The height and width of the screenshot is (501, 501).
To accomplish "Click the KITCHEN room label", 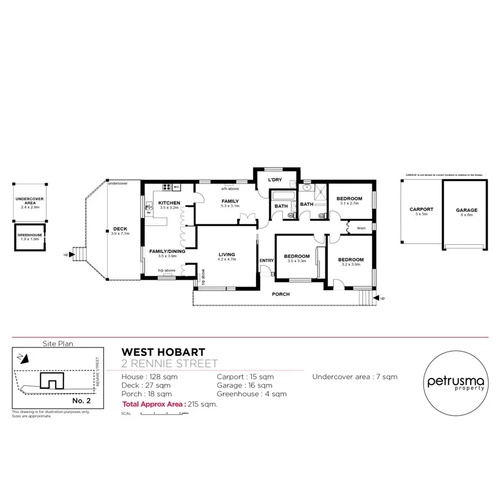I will pyautogui.click(x=168, y=202).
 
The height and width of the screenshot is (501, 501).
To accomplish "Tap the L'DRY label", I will pyautogui.click(x=276, y=180).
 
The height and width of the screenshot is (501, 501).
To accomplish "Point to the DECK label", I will pyautogui.click(x=120, y=229).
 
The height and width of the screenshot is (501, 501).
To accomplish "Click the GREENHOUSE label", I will pyautogui.click(x=30, y=235).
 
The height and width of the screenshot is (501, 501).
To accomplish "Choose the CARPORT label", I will pyautogui.click(x=421, y=210).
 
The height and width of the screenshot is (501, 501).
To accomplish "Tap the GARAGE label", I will pyautogui.click(x=466, y=210).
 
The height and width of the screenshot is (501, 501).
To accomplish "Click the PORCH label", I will pyautogui.click(x=281, y=294).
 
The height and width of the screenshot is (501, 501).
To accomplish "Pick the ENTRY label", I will pyautogui.click(x=267, y=261).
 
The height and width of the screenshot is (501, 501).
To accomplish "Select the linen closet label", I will pyautogui.click(x=361, y=228).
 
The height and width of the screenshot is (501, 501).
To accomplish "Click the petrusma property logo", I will pyautogui.click(x=455, y=383).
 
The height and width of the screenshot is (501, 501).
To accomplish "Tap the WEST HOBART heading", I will pyautogui.click(x=163, y=352).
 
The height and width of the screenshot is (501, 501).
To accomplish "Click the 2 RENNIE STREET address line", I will pyautogui.click(x=169, y=364).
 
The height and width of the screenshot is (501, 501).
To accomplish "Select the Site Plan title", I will pyautogui.click(x=58, y=344).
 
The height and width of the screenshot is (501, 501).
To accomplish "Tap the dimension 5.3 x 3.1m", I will pyautogui.click(x=230, y=206).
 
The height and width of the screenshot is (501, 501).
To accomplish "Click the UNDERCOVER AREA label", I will pyautogui.click(x=30, y=200).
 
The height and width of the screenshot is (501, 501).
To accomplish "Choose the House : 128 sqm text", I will pyautogui.click(x=150, y=377).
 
